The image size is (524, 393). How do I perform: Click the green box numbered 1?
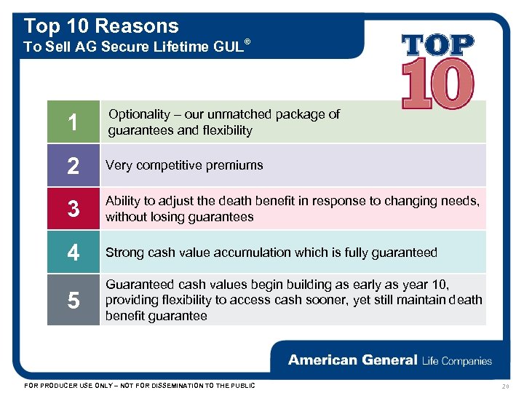tap(73, 122)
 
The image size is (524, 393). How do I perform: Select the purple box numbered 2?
tap(73, 165)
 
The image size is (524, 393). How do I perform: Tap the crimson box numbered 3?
tap(73, 209)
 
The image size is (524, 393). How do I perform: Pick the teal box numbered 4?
tap(73, 253)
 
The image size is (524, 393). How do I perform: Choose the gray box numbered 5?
tap(73, 299)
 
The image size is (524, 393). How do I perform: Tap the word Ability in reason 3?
tap(122, 201)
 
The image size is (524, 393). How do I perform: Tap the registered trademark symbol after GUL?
tap(247, 42)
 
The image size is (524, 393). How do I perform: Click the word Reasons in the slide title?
tap(137, 26)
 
